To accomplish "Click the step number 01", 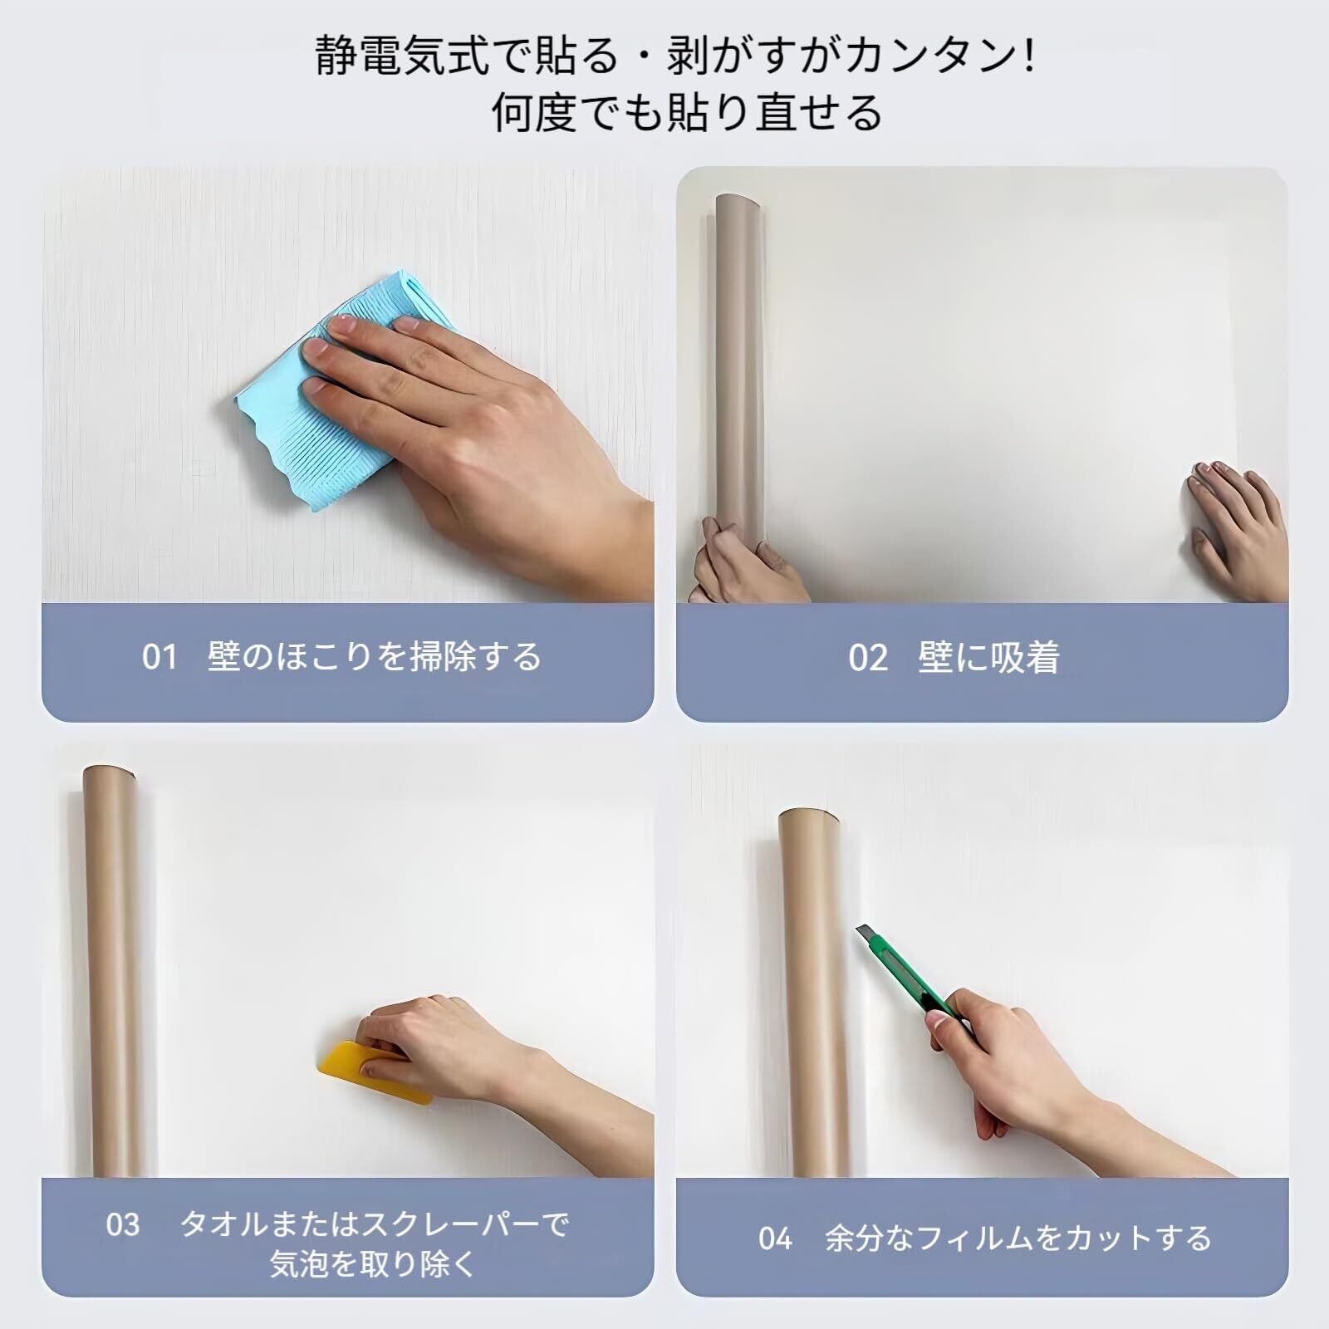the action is point(159,657).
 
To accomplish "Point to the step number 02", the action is point(868,658).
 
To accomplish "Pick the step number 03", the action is point(123,1224).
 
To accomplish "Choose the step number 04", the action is point(776,1238).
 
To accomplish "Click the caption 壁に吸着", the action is point(988,658).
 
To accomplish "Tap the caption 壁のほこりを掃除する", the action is point(375,657).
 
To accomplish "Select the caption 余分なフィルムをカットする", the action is point(1018,1238).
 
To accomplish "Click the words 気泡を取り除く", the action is point(372,1264).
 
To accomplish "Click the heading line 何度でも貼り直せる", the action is point(686,113).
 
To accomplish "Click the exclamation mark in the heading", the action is point(1030,56).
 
